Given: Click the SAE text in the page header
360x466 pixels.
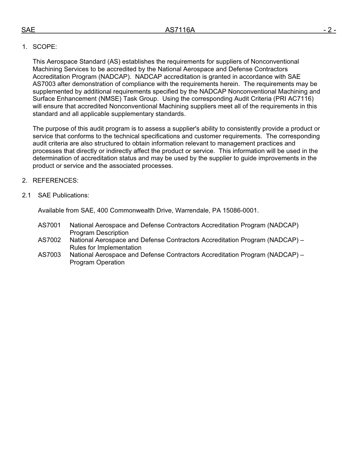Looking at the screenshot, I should pos(28,30).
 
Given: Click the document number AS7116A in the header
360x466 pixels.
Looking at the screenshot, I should pos(180,30).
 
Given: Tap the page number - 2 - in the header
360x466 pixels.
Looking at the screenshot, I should pos(329,30).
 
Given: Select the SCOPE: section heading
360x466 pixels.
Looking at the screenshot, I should pos(45,47).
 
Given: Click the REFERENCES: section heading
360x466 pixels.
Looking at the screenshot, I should pos(55,180).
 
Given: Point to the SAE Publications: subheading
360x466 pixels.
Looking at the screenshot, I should pos(63,195).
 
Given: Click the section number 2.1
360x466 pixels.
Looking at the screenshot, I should pos(26,195).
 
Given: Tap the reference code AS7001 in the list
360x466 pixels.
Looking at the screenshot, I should pos(49,225).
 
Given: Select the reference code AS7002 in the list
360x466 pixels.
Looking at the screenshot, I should pos(49,240).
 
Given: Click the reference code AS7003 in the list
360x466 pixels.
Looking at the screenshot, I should pos(49,255).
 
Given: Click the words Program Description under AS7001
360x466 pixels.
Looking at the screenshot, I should pos(99,233).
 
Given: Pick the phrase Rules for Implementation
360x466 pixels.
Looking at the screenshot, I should pos(105,247).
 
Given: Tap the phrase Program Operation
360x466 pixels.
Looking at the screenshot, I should pos(97,262).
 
